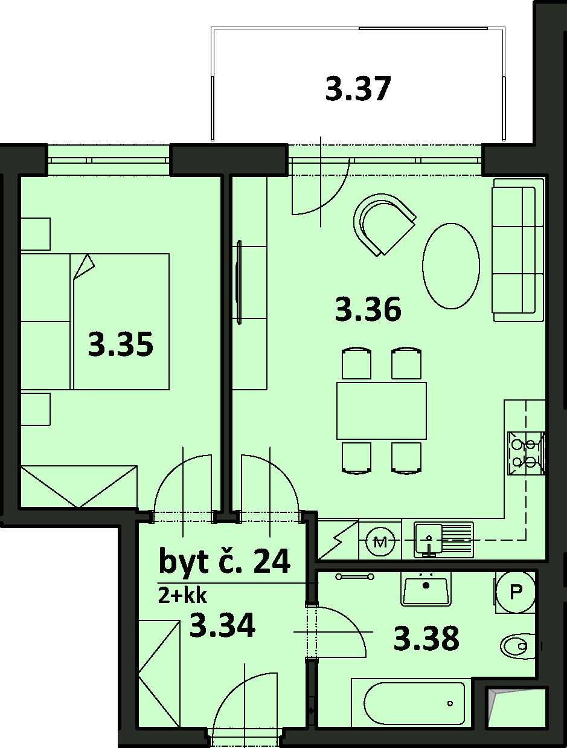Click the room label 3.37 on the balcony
(358, 89)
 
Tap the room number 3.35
(121, 344)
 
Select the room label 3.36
(368, 309)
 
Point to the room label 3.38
(426, 638)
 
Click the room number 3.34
(222, 625)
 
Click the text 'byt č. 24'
(225, 561)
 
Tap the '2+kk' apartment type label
(182, 596)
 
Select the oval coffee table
(451, 266)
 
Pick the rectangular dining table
(382, 411)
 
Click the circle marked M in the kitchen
(380, 542)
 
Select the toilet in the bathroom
(519, 645)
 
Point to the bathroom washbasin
(426, 588)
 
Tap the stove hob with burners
(526, 454)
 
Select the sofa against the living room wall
(518, 250)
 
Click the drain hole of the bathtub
(450, 703)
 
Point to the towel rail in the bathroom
(354, 576)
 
